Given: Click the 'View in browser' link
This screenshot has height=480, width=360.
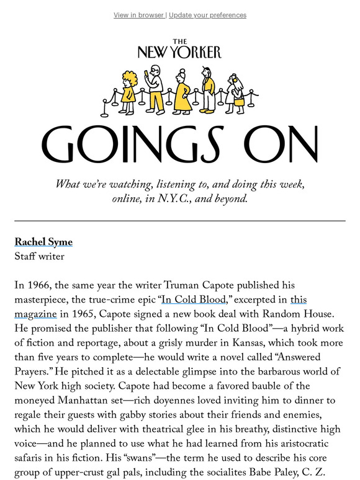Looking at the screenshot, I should pyautogui.click(x=138, y=15).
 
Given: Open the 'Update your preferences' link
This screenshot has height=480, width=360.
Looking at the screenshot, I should pyautogui.click(x=207, y=15).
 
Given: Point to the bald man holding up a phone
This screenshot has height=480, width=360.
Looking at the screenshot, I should pyautogui.click(x=155, y=87).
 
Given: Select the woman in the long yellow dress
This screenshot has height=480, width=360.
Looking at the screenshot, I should pyautogui.click(x=182, y=96).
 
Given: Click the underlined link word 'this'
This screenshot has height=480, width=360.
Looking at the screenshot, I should pyautogui.click(x=299, y=300).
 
